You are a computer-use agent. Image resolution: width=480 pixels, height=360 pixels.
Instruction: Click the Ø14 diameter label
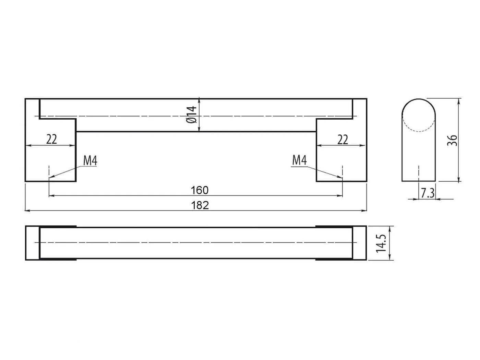tap(192, 115)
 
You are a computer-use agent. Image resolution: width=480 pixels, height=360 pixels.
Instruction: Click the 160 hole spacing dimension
tap(200, 190)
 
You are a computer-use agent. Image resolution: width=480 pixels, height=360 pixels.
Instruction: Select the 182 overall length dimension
tap(200, 205)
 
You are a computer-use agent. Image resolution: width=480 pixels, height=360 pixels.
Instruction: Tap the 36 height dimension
tap(452, 141)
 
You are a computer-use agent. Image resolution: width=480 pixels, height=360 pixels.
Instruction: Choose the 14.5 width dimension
tap(381, 243)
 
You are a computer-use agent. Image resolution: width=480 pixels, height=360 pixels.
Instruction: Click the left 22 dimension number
tap(51, 139)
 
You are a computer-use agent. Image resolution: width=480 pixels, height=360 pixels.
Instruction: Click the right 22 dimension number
tap(343, 140)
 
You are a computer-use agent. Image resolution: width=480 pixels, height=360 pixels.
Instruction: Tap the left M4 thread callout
tap(90, 161)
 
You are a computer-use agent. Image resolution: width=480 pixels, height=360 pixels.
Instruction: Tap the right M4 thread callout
tap(299, 160)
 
